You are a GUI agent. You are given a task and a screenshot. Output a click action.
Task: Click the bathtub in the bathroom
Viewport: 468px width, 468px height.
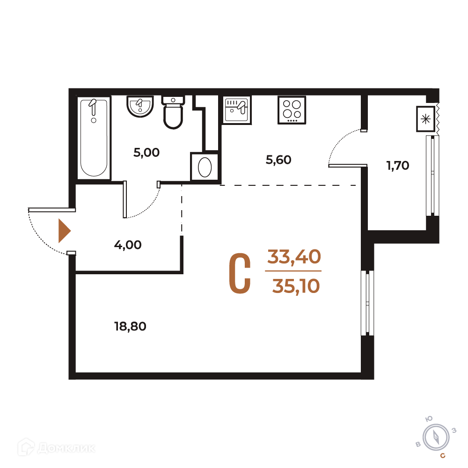click(94, 138)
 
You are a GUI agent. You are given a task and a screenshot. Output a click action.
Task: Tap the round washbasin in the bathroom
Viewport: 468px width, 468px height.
click(140, 107)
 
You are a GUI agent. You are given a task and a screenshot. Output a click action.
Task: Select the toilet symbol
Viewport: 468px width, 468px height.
click(173, 112)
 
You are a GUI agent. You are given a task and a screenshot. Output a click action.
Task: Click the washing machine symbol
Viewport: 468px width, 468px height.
click(205, 167)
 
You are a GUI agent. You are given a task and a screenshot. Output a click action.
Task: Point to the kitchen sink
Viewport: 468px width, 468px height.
click(237, 110)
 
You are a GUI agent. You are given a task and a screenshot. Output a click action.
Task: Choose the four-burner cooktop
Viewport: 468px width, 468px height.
click(292, 110)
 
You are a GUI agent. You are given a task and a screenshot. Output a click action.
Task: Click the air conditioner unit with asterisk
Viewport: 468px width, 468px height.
click(425, 119)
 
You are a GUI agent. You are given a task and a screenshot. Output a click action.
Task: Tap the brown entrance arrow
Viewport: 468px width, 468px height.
click(65, 231)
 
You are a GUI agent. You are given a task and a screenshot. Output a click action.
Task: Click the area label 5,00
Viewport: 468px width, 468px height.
click(146, 153)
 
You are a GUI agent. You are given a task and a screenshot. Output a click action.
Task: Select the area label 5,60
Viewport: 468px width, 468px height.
click(278, 160)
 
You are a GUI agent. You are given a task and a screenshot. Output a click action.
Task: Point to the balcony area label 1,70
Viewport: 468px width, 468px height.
click(398, 165)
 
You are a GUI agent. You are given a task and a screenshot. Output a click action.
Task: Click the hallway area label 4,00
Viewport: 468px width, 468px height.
click(128, 245)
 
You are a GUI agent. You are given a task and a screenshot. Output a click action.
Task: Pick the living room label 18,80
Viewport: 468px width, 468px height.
click(130, 327)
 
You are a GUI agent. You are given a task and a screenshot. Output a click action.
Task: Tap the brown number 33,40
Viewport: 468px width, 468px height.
click(294, 256)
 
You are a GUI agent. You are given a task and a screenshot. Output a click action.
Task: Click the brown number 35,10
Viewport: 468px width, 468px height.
click(296, 286)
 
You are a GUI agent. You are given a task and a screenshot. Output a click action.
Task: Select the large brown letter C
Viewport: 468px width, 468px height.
click(240, 273)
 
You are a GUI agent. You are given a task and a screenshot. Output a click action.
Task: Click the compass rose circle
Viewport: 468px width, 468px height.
click(436, 437)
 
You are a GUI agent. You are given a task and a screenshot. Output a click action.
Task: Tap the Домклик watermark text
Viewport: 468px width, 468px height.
click(66, 448)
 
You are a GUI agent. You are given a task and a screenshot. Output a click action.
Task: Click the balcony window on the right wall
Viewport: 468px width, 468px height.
click(432, 175)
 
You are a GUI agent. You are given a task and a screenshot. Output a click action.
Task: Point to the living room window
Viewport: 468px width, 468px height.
click(367, 303)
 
